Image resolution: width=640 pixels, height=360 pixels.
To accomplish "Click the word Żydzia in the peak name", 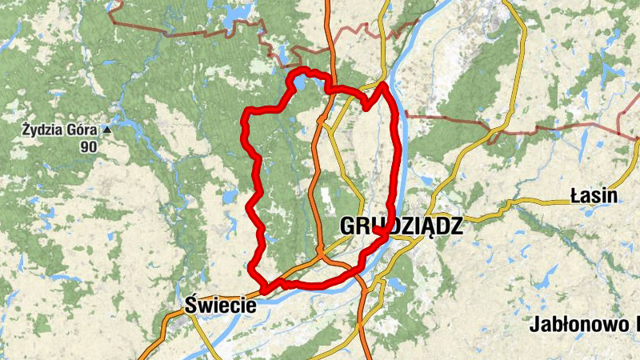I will pyautogui.click(x=42, y=129).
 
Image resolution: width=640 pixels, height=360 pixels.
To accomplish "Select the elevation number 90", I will pyautogui.click(x=90, y=146).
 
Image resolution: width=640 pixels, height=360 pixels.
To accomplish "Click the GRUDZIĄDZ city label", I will pyautogui.click(x=401, y=226).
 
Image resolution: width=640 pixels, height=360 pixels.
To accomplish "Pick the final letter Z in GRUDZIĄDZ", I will pyautogui.click(x=456, y=226).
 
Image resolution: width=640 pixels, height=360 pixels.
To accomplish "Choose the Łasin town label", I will pyautogui.click(x=594, y=195).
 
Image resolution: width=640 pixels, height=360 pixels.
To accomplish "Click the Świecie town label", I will pyautogui.click(x=220, y=305).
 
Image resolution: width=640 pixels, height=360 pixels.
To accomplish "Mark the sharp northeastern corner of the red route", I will pyautogui.click(x=384, y=84).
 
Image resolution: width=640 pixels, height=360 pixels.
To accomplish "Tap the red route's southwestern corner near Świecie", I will pyautogui.click(x=263, y=288).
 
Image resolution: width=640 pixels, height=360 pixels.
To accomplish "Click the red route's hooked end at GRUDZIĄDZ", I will pyautogui.click(x=376, y=230).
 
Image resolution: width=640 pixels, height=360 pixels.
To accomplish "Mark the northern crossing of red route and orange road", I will pyautogui.click(x=327, y=88).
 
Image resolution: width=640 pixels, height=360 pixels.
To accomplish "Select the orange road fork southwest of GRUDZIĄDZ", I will pyautogui.click(x=320, y=256).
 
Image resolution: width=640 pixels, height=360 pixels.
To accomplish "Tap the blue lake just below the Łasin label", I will pyautogui.click(x=590, y=212).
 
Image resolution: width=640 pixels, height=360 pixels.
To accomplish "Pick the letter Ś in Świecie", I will pyautogui.click(x=190, y=304).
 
